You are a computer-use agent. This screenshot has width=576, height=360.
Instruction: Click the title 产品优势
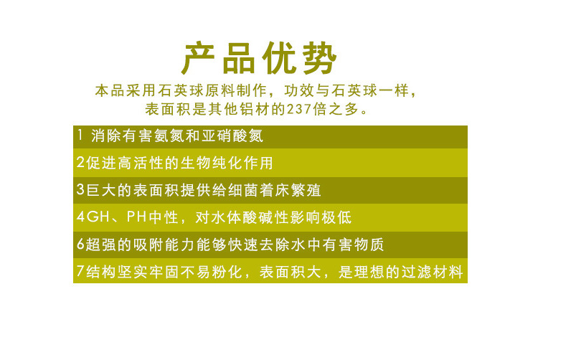point(258,59)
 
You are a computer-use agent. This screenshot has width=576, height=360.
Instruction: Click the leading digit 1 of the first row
point(79,136)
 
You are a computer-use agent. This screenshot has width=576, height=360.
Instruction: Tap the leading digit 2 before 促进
point(80,163)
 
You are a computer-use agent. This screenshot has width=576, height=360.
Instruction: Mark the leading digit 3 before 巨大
point(80,190)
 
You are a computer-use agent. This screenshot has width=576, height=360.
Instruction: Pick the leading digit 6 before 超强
point(80,245)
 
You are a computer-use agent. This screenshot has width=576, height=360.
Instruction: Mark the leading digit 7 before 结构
point(80,273)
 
